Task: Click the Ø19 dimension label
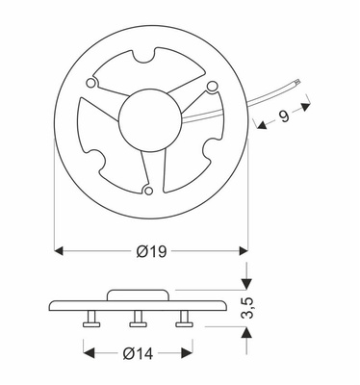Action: tap(152, 251)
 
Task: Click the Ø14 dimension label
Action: tap(137, 353)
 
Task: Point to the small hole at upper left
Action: tap(92, 85)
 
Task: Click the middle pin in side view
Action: tap(137, 319)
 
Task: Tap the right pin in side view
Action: tap(183, 319)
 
